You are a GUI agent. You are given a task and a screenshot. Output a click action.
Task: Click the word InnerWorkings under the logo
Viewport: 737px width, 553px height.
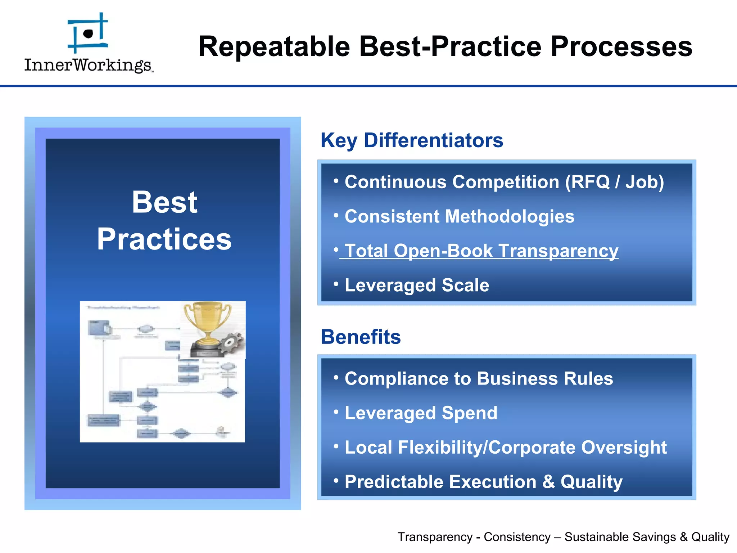point(88,65)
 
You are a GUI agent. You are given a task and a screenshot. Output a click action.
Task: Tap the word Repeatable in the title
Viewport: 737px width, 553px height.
point(274,46)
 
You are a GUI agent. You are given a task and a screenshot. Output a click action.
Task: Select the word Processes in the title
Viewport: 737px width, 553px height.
point(621,46)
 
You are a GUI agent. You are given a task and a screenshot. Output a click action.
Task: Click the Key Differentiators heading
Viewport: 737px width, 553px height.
point(412,140)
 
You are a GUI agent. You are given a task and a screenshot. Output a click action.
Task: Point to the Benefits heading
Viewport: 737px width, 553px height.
point(361,337)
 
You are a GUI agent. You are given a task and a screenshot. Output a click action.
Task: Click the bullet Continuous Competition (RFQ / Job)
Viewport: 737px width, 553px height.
point(504,182)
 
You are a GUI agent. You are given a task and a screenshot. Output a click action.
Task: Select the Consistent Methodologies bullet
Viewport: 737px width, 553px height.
point(459,217)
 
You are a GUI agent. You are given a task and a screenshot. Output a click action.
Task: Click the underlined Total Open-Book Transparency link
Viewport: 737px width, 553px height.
point(481,251)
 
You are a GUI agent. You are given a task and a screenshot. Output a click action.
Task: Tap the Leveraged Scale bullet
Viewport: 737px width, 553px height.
point(417,285)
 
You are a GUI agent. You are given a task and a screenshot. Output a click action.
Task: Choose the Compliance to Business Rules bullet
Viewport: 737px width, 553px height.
point(479,379)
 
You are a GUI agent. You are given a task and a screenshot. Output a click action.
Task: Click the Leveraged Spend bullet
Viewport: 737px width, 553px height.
point(421,413)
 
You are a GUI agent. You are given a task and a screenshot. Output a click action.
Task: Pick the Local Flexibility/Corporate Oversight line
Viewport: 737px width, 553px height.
point(505,448)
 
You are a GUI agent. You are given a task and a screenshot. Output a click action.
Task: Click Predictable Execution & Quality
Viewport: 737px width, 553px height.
point(483,482)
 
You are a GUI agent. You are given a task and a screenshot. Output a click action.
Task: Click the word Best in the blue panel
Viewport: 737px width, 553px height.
point(164,202)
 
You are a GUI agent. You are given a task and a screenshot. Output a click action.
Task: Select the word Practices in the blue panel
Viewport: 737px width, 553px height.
point(164,239)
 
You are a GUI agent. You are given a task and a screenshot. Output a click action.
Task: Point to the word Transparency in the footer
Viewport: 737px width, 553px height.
point(435,537)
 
